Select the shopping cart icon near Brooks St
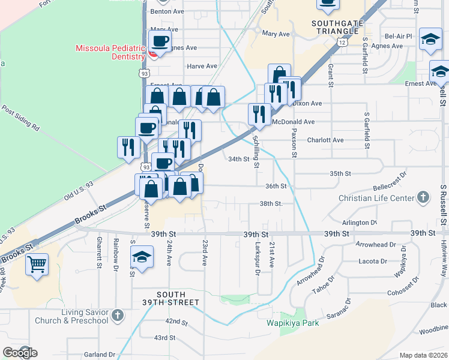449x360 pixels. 37,264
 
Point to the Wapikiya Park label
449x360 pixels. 292,322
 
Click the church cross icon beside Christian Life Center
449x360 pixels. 423,197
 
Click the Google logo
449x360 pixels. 19,353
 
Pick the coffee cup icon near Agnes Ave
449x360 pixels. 159,42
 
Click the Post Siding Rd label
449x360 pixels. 20,119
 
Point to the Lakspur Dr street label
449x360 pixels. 257,258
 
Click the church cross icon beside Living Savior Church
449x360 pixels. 117,314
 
